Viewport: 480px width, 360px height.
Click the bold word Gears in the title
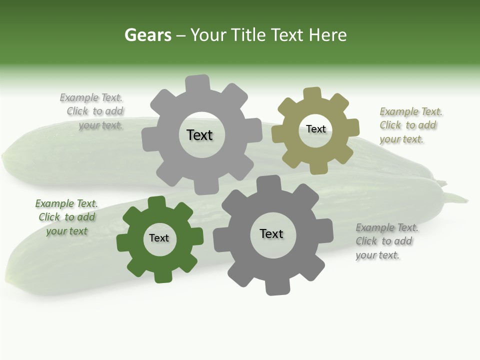tap(147, 35)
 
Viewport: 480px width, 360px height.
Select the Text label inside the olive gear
tap(316, 129)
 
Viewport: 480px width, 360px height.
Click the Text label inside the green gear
tap(159, 238)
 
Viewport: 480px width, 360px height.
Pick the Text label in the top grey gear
tap(199, 135)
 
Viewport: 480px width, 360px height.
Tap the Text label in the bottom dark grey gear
tap(271, 233)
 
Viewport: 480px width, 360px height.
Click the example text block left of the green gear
tap(66, 217)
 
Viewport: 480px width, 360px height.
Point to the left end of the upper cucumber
tap(6, 160)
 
